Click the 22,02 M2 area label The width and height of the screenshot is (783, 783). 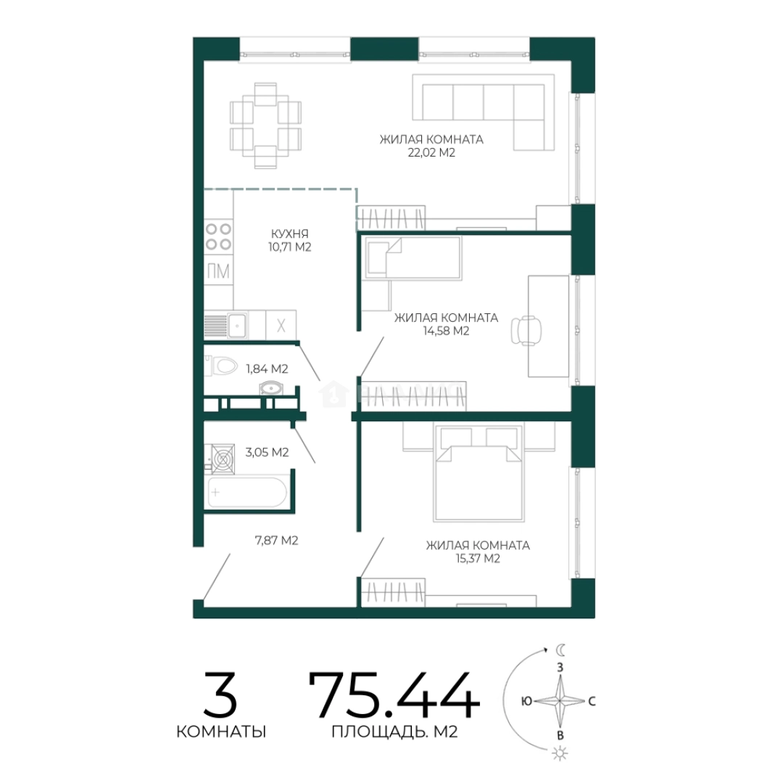pyautogui.click(x=431, y=153)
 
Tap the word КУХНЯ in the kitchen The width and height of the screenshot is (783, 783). pyautogui.click(x=289, y=233)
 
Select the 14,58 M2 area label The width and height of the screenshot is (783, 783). pyautogui.click(x=446, y=331)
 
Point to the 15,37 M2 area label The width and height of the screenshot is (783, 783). pyautogui.click(x=477, y=558)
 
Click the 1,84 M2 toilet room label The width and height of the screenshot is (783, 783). pyautogui.click(x=267, y=369)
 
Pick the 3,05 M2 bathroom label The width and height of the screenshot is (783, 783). pyautogui.click(x=267, y=452)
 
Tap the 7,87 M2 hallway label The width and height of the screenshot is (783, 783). pyautogui.click(x=276, y=540)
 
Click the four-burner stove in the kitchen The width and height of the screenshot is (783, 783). pyautogui.click(x=219, y=236)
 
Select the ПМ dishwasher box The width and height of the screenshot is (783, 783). pyautogui.click(x=219, y=271)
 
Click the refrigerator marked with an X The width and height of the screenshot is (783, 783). pyautogui.click(x=281, y=325)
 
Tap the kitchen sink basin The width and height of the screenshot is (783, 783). pyautogui.click(x=237, y=325)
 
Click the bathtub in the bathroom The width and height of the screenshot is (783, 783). pyautogui.click(x=247, y=492)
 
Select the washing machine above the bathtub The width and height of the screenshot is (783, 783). pyautogui.click(x=223, y=458)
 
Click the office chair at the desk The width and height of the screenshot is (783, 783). pyautogui.click(x=526, y=330)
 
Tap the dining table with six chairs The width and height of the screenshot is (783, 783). pyautogui.click(x=265, y=125)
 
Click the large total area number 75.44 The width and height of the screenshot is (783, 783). pyautogui.click(x=394, y=695)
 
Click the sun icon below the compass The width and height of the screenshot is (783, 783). pyautogui.click(x=560, y=753)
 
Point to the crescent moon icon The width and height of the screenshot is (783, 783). pyautogui.click(x=561, y=650)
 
